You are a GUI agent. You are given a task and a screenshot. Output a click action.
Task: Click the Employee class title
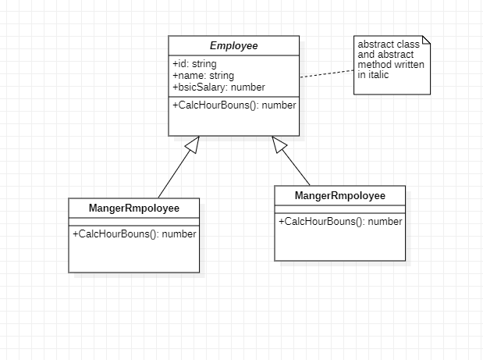(233, 46)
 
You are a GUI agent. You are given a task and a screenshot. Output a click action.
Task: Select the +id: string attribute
(194, 63)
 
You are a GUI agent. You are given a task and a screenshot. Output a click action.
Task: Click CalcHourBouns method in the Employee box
(233, 105)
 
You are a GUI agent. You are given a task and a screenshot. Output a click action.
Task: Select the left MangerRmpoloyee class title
(134, 209)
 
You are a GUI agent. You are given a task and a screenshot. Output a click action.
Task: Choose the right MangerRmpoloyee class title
(339, 194)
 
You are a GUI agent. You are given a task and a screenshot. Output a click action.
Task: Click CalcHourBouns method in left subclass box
(134, 233)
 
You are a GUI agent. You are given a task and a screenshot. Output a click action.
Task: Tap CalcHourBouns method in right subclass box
(340, 221)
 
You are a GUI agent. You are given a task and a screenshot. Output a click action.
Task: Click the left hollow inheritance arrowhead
(193, 144)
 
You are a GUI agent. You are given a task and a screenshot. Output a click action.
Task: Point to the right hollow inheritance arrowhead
(279, 144)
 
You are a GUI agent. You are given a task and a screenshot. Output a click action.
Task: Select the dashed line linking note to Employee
(326, 73)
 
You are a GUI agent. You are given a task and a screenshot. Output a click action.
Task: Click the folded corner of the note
(425, 41)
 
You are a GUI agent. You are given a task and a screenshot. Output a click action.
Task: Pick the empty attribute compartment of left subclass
(134, 222)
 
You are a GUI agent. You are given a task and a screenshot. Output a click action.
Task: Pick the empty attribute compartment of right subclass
(339, 209)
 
